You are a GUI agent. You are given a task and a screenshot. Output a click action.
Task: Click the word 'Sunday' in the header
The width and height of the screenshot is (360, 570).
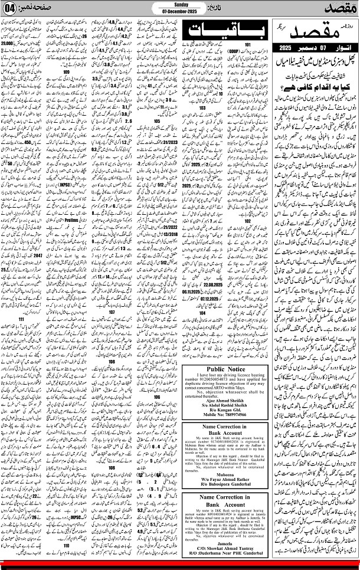[x=181, y=4]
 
